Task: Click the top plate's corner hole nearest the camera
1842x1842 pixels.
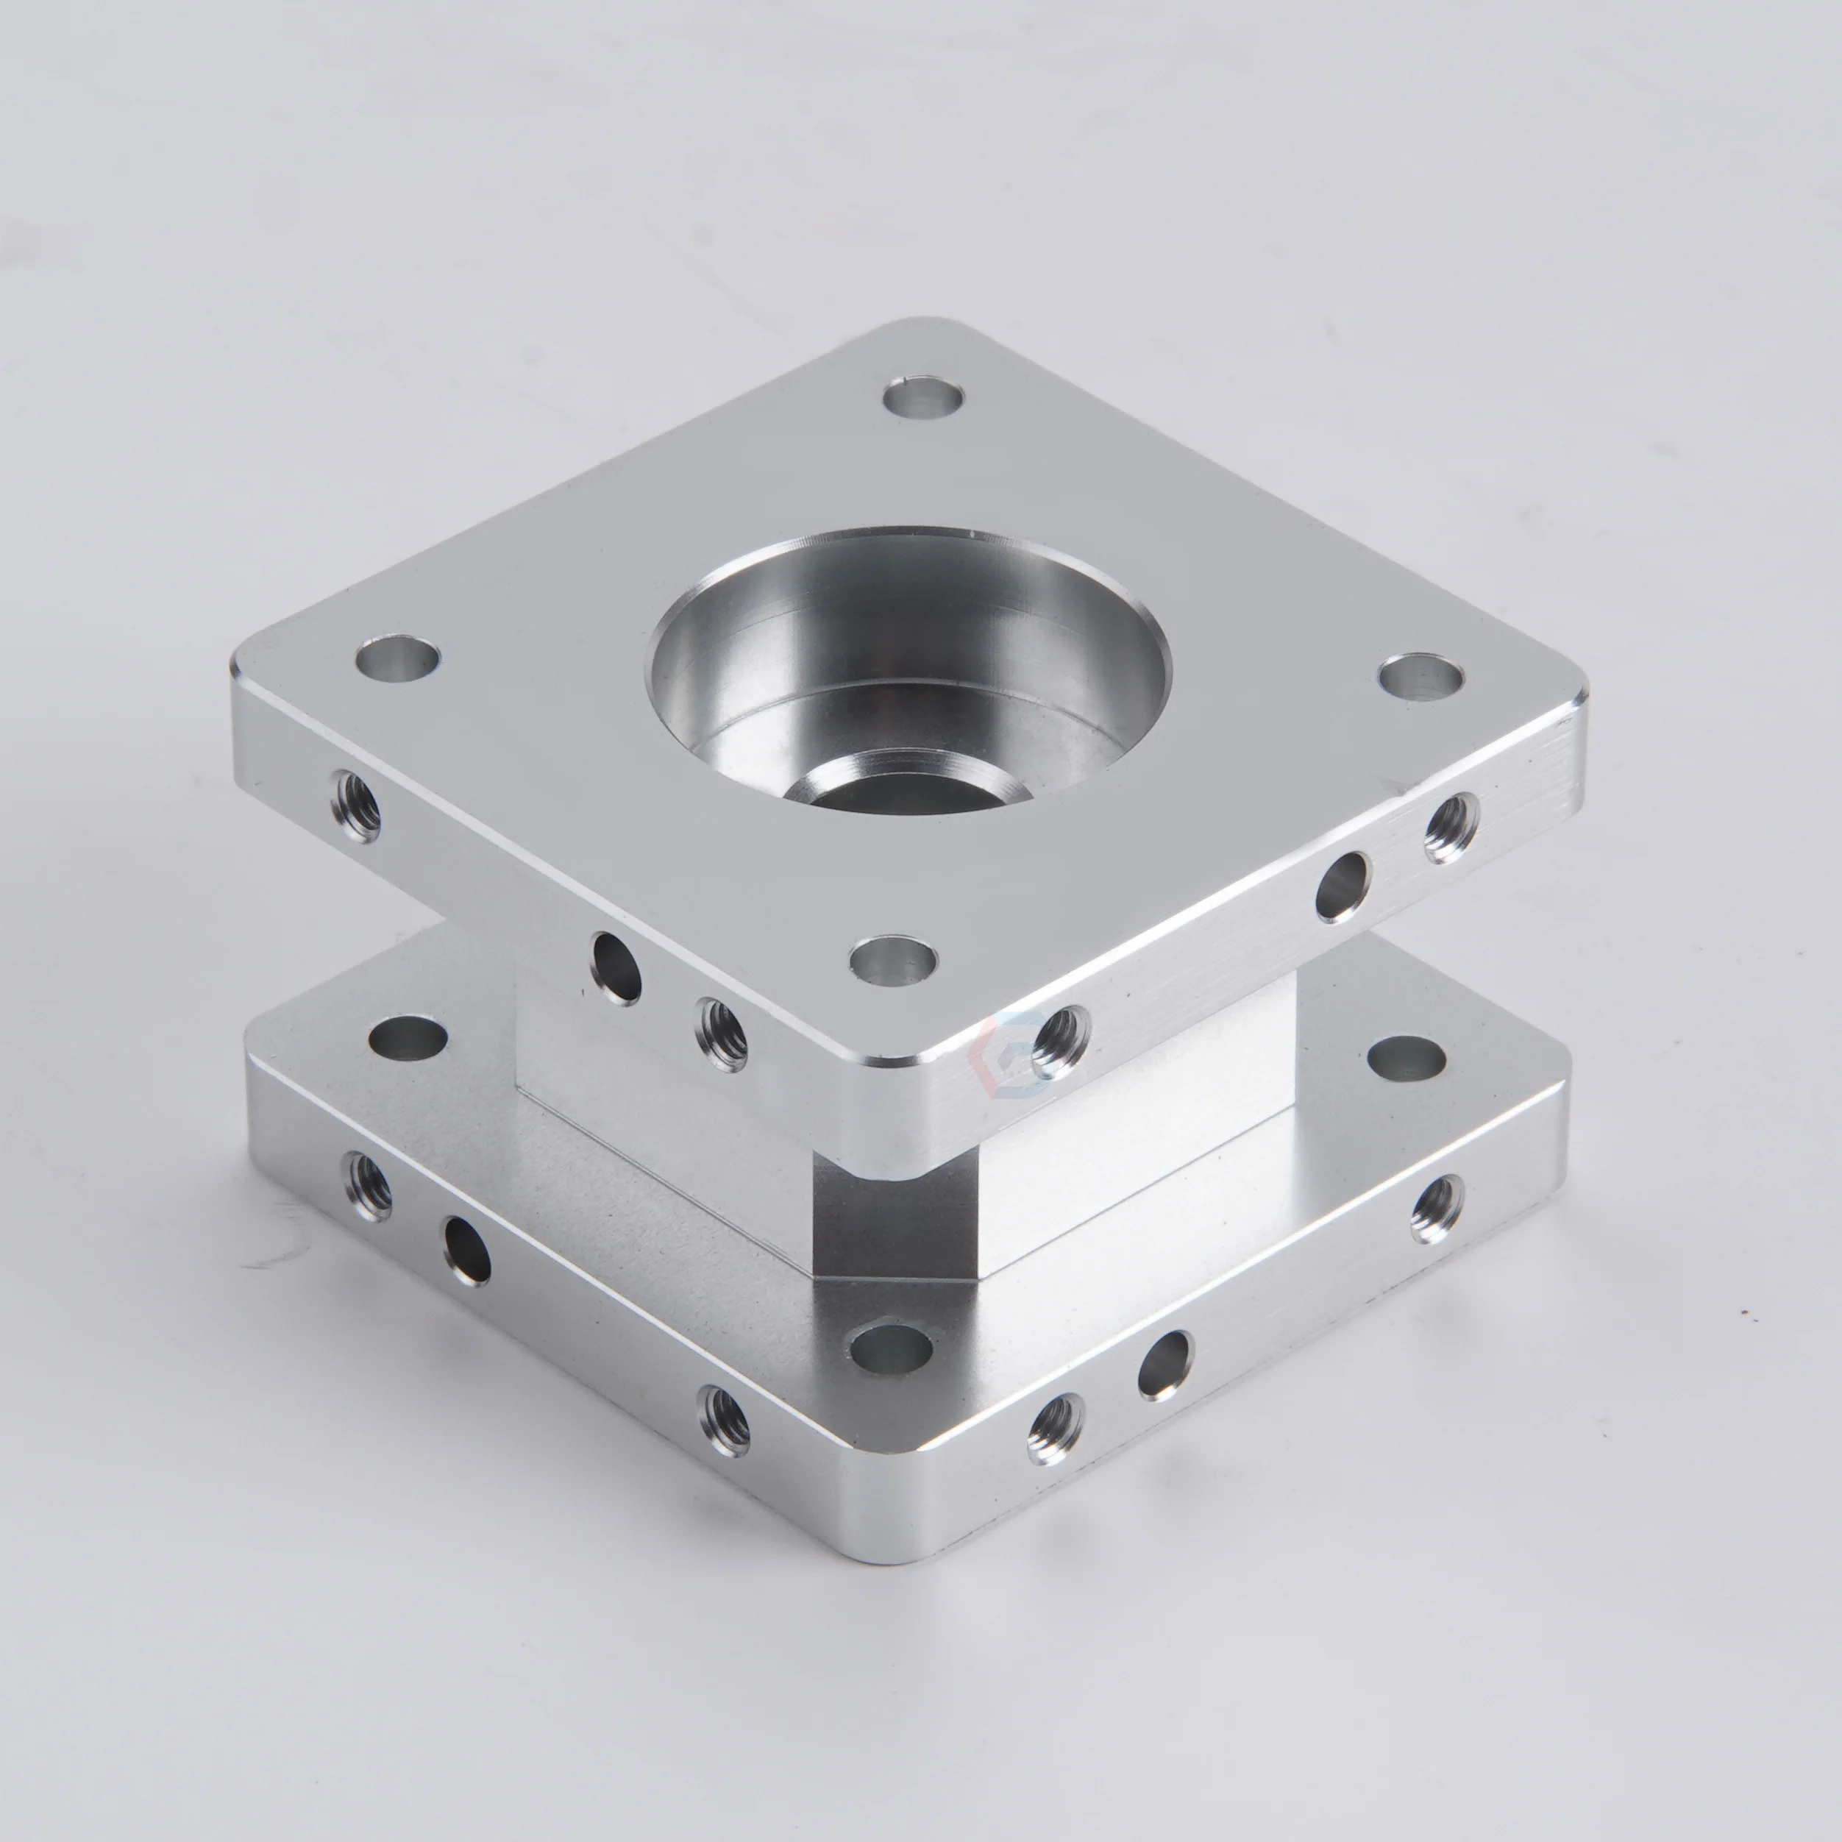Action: [892, 960]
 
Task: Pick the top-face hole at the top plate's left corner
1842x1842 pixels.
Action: [397, 658]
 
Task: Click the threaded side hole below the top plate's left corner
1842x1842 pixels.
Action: [355, 806]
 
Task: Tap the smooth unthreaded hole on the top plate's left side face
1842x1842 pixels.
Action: [617, 968]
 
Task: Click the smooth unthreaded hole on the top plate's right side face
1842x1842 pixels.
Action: [1343, 886]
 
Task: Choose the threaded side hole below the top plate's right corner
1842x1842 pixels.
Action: [1451, 828]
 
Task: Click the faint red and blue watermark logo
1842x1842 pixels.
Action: [1001, 1049]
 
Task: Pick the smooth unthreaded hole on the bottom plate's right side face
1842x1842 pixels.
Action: [1165, 1365]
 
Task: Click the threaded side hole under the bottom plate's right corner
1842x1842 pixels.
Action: [1437, 1208]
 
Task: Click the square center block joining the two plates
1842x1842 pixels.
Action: [896, 1211]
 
